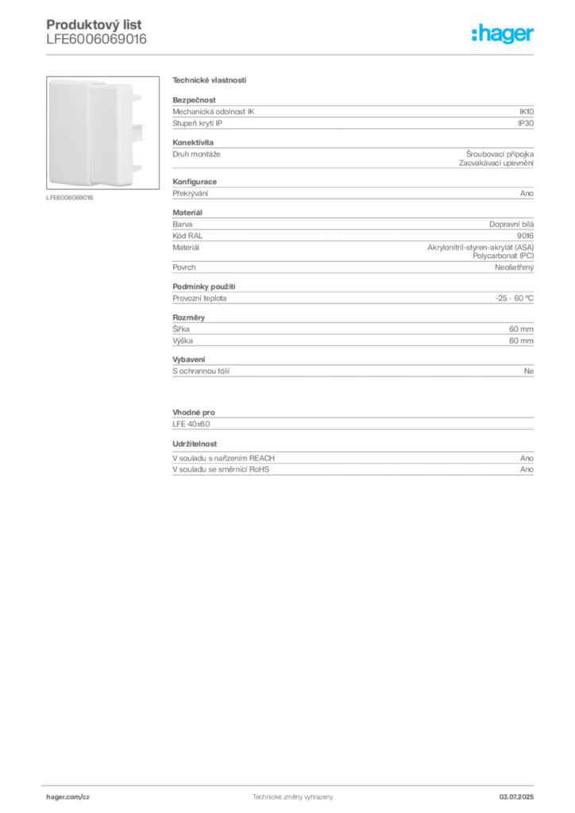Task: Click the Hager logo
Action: (x=503, y=34)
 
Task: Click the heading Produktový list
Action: (x=94, y=25)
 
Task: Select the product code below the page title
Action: (x=96, y=39)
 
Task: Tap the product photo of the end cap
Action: (x=102, y=133)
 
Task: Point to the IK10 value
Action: (x=527, y=111)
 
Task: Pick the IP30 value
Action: (x=526, y=123)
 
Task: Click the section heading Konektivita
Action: (x=193, y=142)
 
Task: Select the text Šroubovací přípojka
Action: (x=500, y=154)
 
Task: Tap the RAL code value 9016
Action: (x=525, y=236)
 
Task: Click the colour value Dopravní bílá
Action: (x=511, y=225)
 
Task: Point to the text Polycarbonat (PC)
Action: (x=503, y=256)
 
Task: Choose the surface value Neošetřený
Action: (x=515, y=268)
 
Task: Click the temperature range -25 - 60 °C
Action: (x=515, y=299)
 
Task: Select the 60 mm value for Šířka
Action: (x=521, y=329)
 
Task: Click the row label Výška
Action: (x=183, y=341)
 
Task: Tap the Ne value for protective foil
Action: (x=529, y=372)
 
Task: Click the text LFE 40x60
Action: (x=191, y=424)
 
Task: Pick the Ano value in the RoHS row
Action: (x=527, y=469)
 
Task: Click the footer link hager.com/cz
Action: (x=68, y=797)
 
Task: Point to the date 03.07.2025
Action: (x=516, y=797)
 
